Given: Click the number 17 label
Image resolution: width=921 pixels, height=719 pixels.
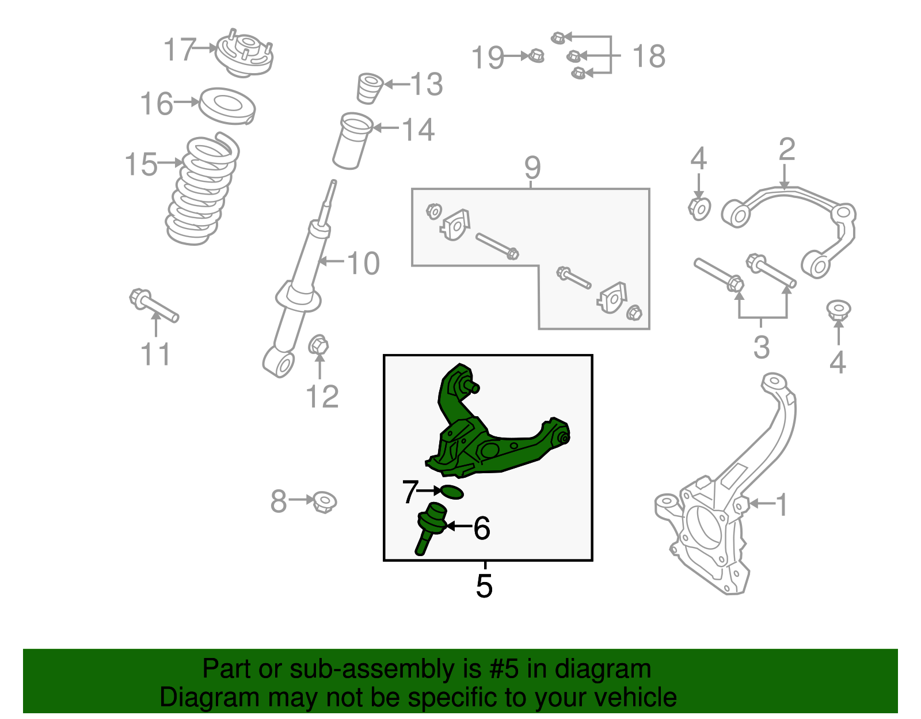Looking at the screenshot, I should click(x=180, y=50).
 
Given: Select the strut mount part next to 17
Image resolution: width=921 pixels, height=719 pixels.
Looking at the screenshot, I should click(x=244, y=55).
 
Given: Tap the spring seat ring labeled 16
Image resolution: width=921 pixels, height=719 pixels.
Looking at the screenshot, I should click(x=227, y=106).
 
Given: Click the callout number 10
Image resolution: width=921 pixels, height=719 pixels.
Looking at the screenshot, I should click(x=363, y=264).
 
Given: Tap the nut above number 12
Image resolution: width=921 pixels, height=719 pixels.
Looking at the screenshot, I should click(x=318, y=346).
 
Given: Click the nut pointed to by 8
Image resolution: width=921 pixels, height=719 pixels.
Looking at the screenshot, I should click(x=325, y=501).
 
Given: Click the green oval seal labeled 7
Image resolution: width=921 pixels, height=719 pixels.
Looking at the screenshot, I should click(x=451, y=492).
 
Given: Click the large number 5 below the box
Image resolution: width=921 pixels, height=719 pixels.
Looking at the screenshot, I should click(x=484, y=586).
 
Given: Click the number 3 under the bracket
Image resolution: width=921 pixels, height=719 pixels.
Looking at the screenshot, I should click(x=762, y=348).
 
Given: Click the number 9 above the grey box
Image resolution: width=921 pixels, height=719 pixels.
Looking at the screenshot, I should click(x=532, y=168).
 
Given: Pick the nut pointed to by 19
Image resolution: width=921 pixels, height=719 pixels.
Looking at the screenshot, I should click(x=536, y=56).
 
